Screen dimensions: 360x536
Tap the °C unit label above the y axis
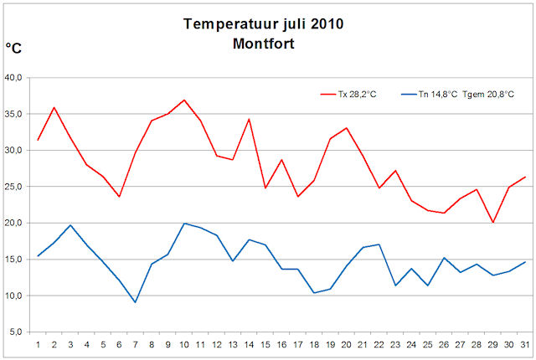13,49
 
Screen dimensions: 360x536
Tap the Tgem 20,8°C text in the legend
490,95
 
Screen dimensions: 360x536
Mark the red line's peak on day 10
183,100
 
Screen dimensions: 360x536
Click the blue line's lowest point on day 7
135,302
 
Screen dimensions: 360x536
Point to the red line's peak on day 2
54,107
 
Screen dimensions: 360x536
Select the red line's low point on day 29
493,223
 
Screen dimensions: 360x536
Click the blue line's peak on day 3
70,225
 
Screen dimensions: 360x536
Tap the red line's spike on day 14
249,119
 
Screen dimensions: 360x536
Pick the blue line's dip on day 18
314,293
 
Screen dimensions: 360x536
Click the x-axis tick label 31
525,343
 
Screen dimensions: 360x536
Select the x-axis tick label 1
38,343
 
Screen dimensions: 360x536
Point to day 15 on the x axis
265,343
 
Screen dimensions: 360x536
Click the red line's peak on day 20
346,128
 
